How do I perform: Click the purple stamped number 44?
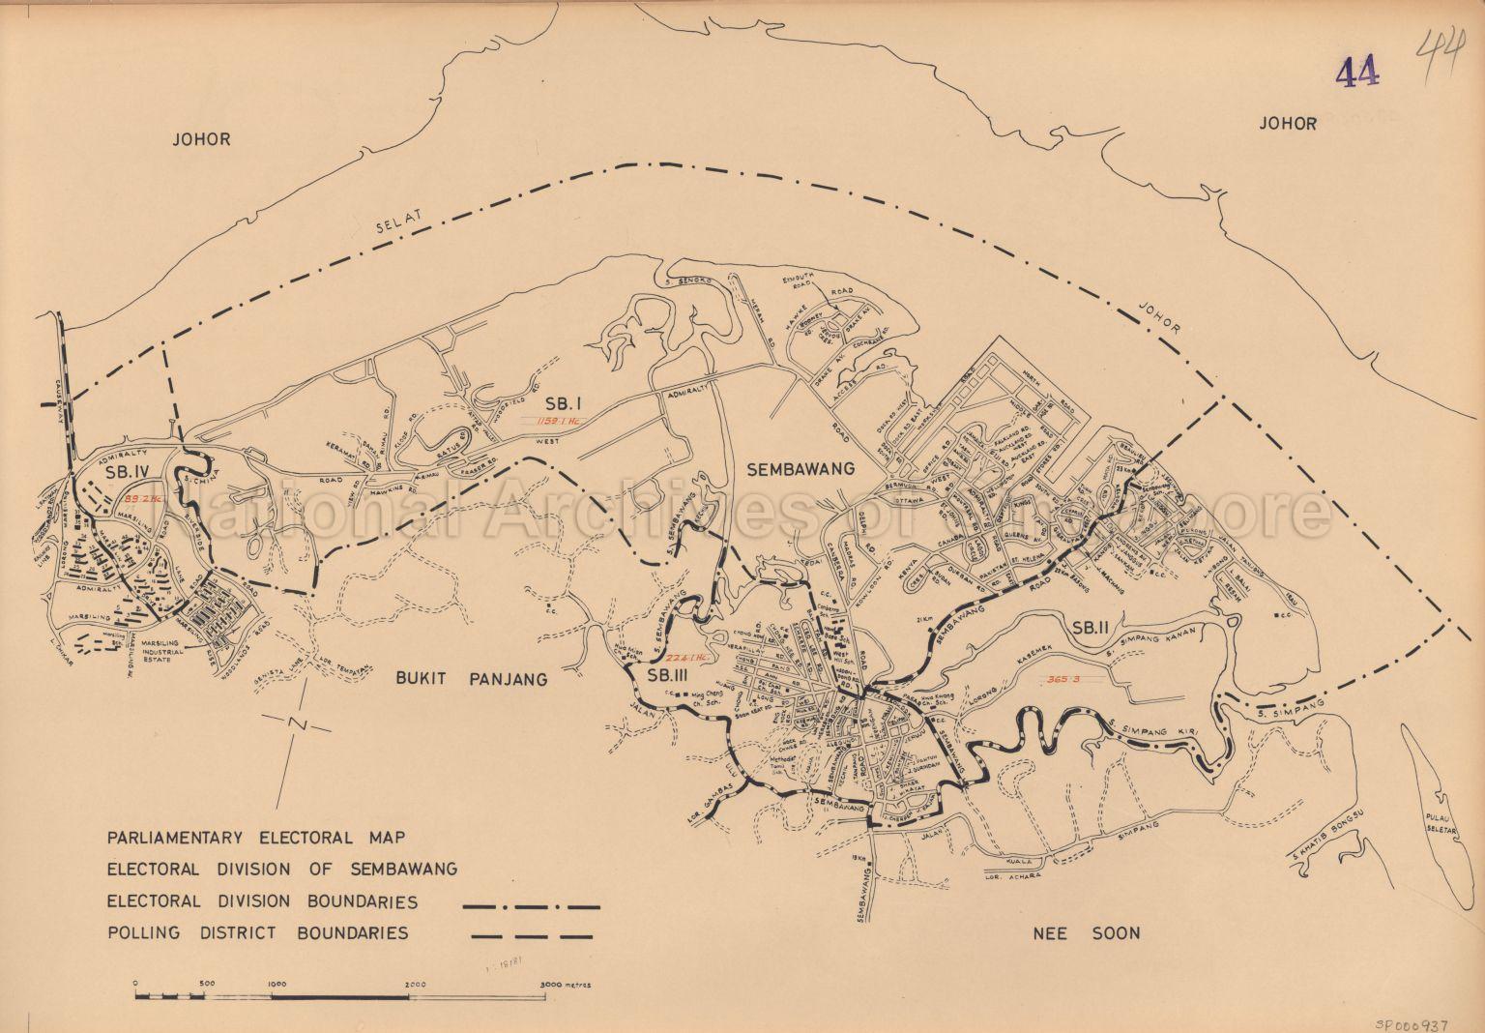[x=1357, y=72]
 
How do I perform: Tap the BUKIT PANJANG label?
[x=472, y=680]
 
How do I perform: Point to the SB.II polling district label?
[x=1092, y=629]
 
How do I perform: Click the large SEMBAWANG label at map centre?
[x=801, y=469]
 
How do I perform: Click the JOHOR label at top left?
[x=201, y=139]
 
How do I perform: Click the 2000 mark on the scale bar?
[x=417, y=984]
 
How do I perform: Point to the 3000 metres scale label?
[x=566, y=984]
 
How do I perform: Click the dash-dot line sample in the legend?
[x=531, y=907]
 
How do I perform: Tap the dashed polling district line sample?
[x=531, y=935]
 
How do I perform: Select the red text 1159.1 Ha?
[x=548, y=421]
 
